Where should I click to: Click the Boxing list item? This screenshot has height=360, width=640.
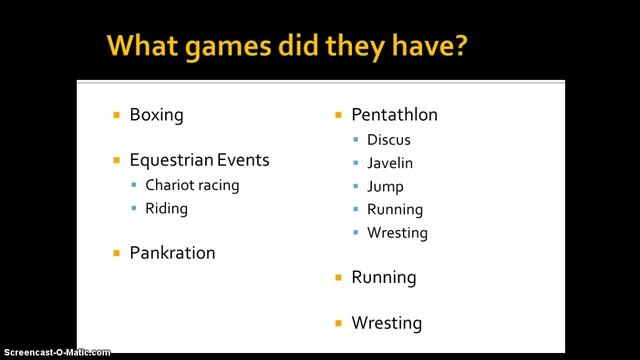156,114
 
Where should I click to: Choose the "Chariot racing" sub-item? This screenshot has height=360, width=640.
192,185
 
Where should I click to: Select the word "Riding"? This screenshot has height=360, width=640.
166,209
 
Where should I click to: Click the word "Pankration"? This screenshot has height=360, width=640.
172,253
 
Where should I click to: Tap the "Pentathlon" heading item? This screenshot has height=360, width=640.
394,114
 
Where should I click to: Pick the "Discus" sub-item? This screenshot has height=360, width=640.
388,140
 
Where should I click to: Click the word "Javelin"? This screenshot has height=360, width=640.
390,163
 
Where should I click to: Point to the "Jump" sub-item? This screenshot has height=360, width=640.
386,187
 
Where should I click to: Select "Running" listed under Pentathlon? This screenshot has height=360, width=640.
395,210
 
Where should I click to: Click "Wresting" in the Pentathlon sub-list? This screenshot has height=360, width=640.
397,233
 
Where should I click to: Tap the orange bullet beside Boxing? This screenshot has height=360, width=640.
117,114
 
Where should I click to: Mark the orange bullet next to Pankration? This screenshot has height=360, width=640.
117,253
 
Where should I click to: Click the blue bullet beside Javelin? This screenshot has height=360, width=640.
355,163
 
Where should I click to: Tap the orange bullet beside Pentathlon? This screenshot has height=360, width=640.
339,114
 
